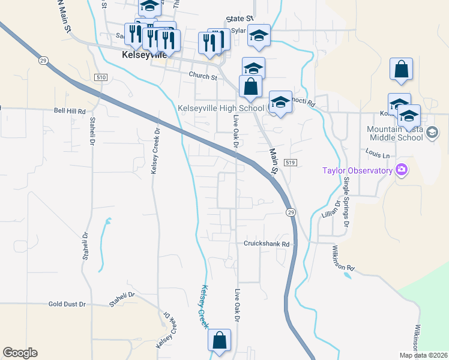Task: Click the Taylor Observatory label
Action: tap(357, 170)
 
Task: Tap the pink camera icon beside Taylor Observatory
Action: tap(401, 170)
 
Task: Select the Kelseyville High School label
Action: tap(221, 108)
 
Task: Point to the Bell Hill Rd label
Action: tap(70, 111)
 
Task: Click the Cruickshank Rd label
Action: tap(267, 244)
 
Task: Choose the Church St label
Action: tap(202, 76)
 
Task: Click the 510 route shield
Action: tap(100, 77)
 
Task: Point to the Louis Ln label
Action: tap(378, 155)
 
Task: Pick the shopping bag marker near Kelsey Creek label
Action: tap(220, 340)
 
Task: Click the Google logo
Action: tap(20, 353)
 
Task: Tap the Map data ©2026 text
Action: tap(423, 355)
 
